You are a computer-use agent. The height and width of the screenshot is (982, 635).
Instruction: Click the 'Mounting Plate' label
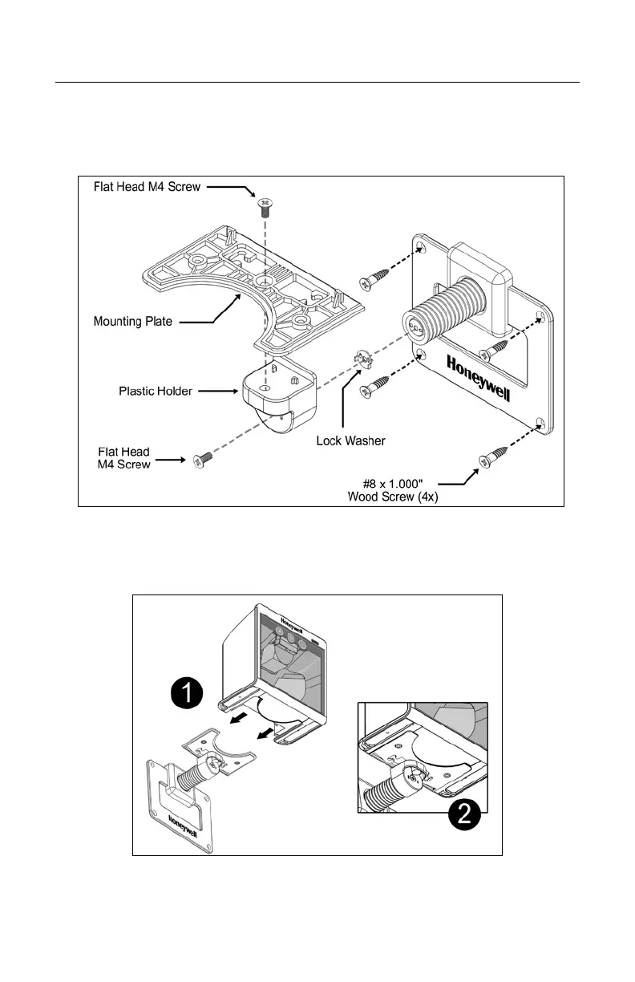click(x=132, y=322)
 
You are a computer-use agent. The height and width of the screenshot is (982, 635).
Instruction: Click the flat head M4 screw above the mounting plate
click(x=264, y=208)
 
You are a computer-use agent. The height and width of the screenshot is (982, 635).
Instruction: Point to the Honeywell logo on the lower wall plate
click(x=185, y=826)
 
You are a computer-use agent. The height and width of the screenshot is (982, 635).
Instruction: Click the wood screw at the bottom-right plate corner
click(x=489, y=460)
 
